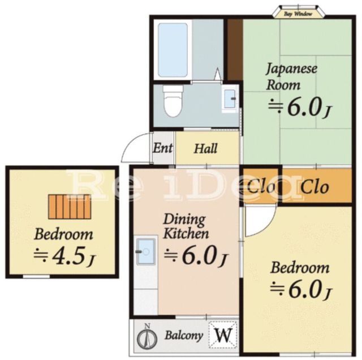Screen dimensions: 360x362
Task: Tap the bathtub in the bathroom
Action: click(x=173, y=50)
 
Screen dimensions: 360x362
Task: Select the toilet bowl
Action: click(x=171, y=102)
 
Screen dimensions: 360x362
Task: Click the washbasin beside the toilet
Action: click(x=230, y=98)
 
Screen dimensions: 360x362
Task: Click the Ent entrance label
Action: click(x=163, y=149)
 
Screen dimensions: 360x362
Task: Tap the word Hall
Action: click(x=206, y=149)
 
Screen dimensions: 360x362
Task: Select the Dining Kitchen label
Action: click(x=186, y=226)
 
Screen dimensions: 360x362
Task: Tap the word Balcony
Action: click(x=184, y=335)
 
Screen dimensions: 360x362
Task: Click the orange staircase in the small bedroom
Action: click(x=69, y=207)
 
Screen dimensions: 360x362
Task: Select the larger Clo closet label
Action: click(x=314, y=187)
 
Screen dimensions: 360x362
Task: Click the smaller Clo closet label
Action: click(x=262, y=187)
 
